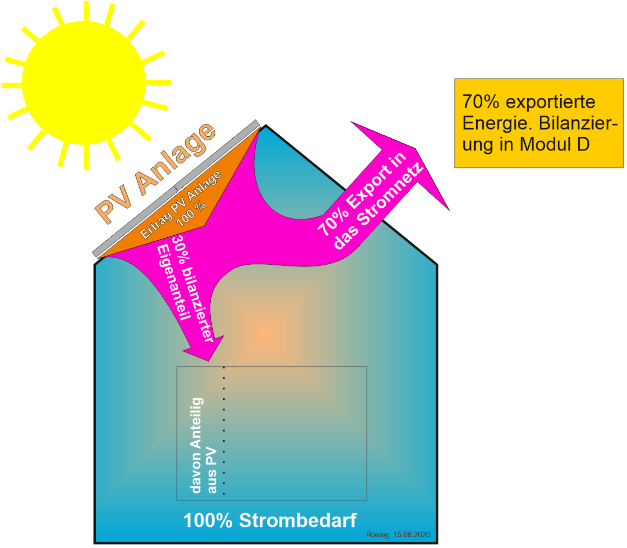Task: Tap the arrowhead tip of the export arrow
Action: (x=449, y=210)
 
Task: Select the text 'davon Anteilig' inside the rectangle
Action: (x=197, y=445)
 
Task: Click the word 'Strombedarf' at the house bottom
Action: (x=298, y=520)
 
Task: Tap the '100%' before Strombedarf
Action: (x=208, y=520)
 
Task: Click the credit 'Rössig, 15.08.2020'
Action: (x=398, y=535)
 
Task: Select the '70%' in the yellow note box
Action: (x=480, y=102)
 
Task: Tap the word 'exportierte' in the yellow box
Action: (x=550, y=102)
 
